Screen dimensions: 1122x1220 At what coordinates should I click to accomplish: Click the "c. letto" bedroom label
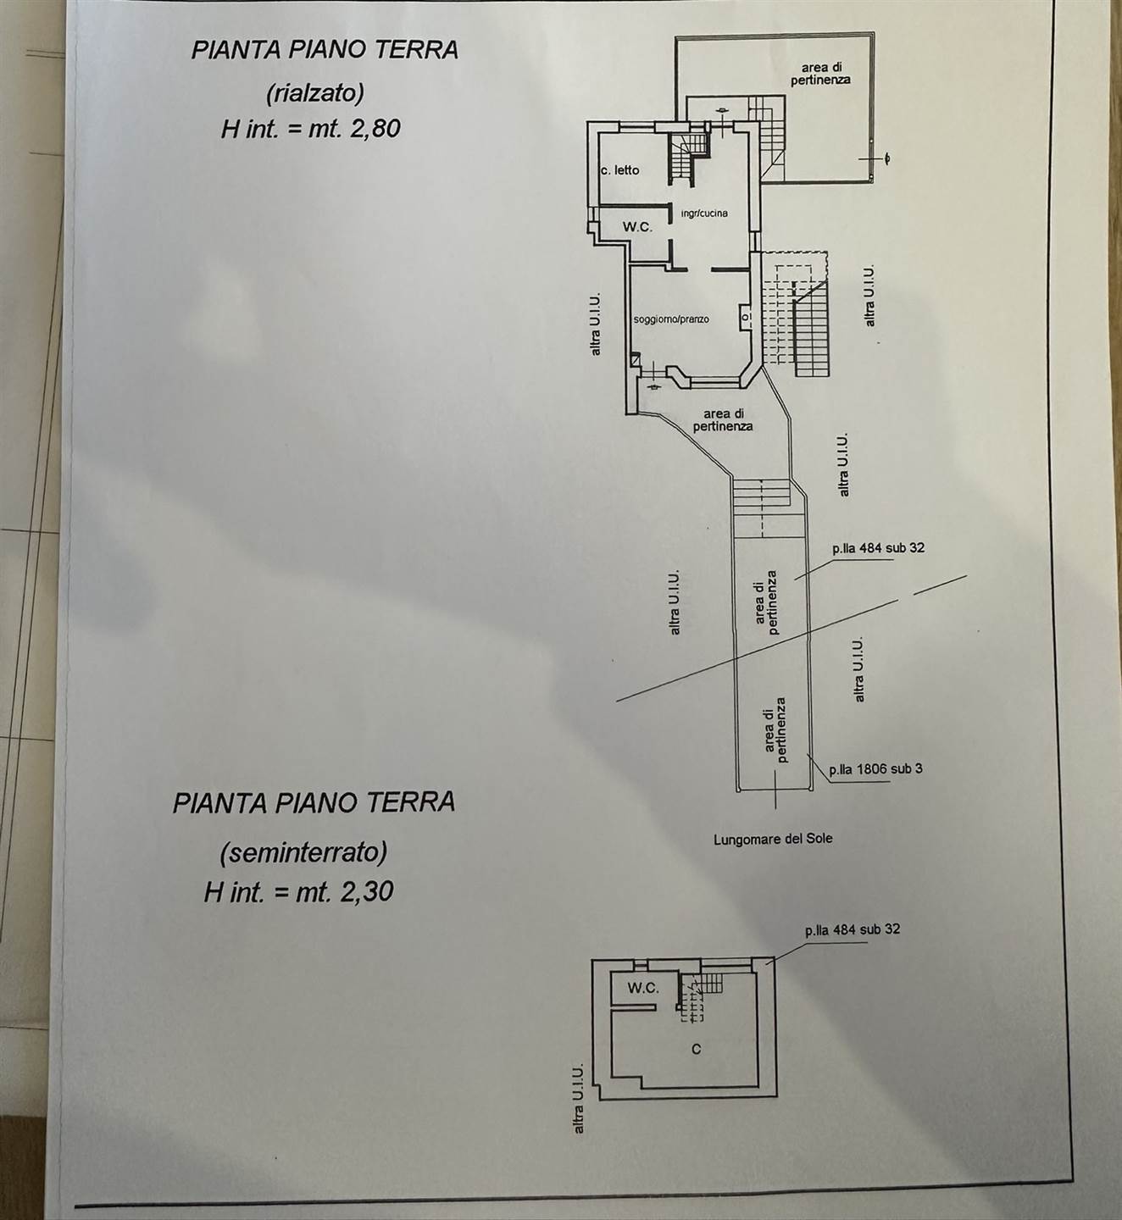620,170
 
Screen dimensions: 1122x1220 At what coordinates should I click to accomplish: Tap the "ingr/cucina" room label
704,213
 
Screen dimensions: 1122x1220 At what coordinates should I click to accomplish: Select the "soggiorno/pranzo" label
671,319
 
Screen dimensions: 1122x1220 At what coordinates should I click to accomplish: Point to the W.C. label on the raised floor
637,227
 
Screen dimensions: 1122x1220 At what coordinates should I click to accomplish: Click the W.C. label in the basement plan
643,989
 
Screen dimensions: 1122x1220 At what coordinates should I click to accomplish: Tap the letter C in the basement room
697,1049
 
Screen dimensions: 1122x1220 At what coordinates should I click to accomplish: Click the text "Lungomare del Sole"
773,839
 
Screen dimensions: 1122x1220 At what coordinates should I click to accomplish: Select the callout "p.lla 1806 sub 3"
875,768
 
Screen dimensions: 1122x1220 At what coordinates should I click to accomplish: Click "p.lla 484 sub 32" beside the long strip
878,548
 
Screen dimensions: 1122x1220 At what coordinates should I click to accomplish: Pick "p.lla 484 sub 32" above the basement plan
853,929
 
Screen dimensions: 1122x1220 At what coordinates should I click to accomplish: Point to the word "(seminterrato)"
303,854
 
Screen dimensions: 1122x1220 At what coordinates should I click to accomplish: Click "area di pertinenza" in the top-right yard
821,73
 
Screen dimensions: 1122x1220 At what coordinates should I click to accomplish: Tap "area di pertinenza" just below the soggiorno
723,420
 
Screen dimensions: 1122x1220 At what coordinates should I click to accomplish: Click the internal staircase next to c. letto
688,158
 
